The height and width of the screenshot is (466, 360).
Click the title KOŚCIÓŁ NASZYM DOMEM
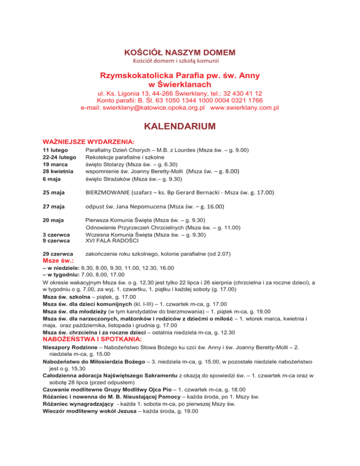pyautogui.click(x=180, y=52)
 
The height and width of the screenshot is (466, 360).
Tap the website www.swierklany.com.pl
pyautogui.click(x=245, y=107)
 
